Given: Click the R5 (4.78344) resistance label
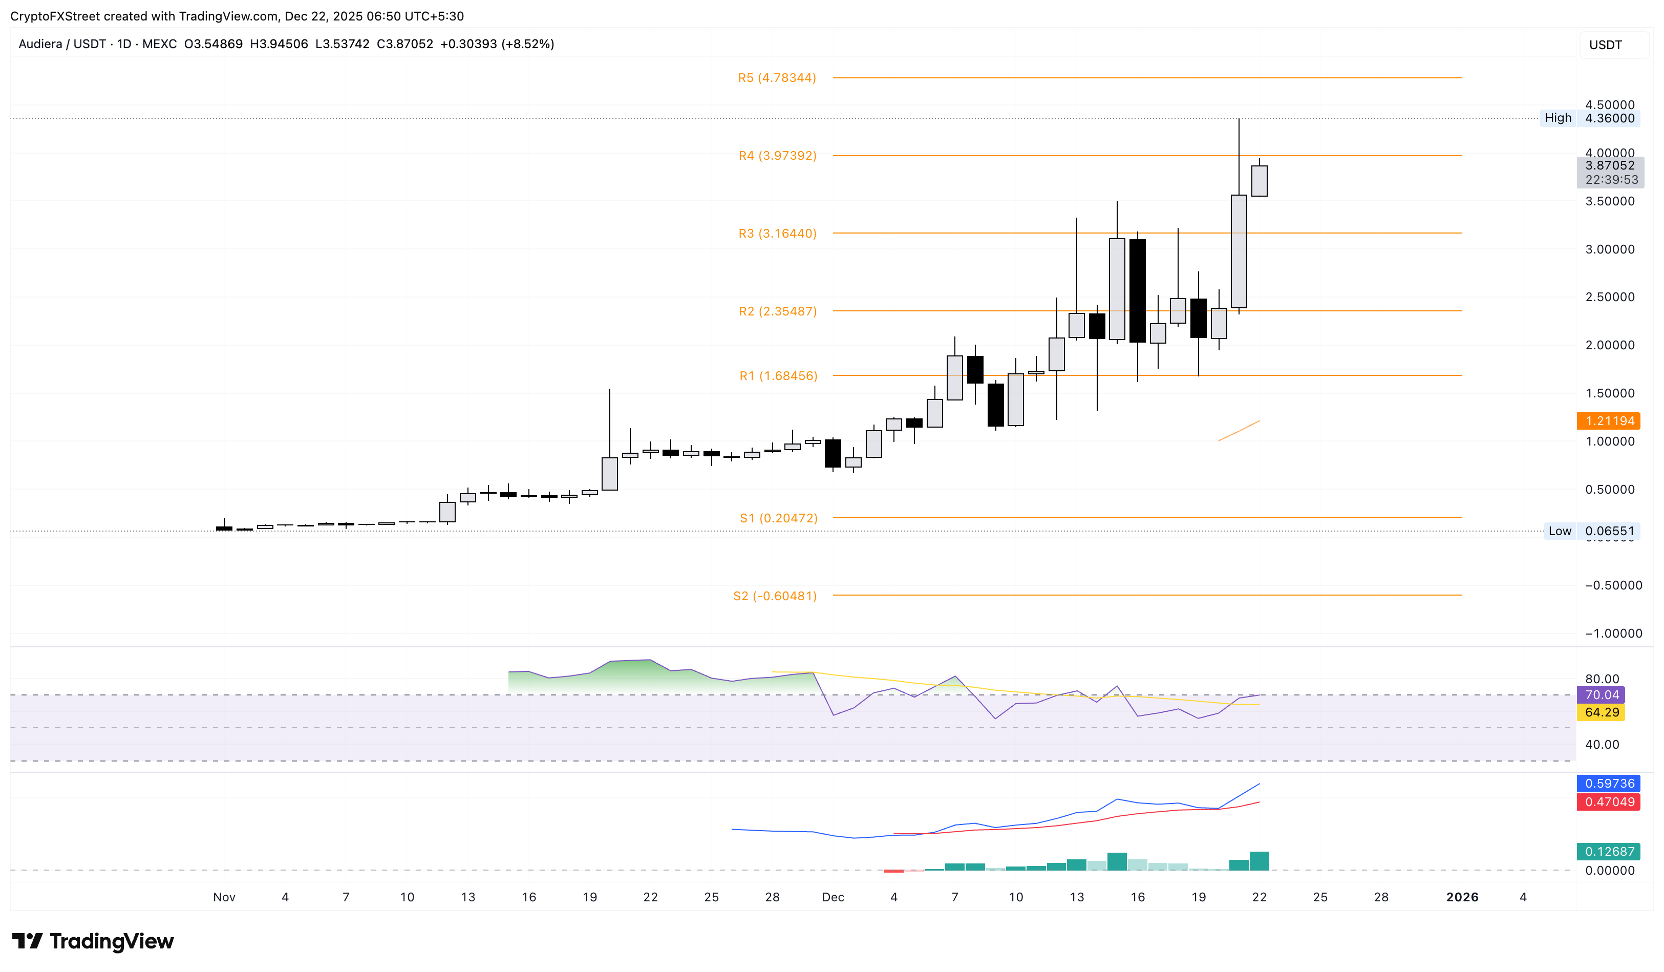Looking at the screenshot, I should tap(777, 78).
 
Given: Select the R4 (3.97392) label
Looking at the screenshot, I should tap(777, 156).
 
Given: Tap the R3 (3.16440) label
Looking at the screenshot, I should tap(777, 234).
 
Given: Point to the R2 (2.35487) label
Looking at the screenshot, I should tap(777, 311).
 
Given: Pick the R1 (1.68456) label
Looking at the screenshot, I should tap(778, 376).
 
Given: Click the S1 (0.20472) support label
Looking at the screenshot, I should tap(778, 518).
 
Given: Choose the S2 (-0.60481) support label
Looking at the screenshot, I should tap(775, 596).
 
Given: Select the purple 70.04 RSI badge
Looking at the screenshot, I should tap(1601, 694).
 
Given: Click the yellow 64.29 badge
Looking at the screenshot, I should tap(1601, 712).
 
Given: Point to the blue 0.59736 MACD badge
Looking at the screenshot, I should tap(1609, 784).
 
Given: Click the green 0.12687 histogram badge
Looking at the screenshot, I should tap(1609, 852).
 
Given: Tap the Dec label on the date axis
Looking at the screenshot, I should tap(833, 897).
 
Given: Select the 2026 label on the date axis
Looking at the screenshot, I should tap(1462, 897).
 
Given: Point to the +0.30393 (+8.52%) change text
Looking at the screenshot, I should tap(497, 44).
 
